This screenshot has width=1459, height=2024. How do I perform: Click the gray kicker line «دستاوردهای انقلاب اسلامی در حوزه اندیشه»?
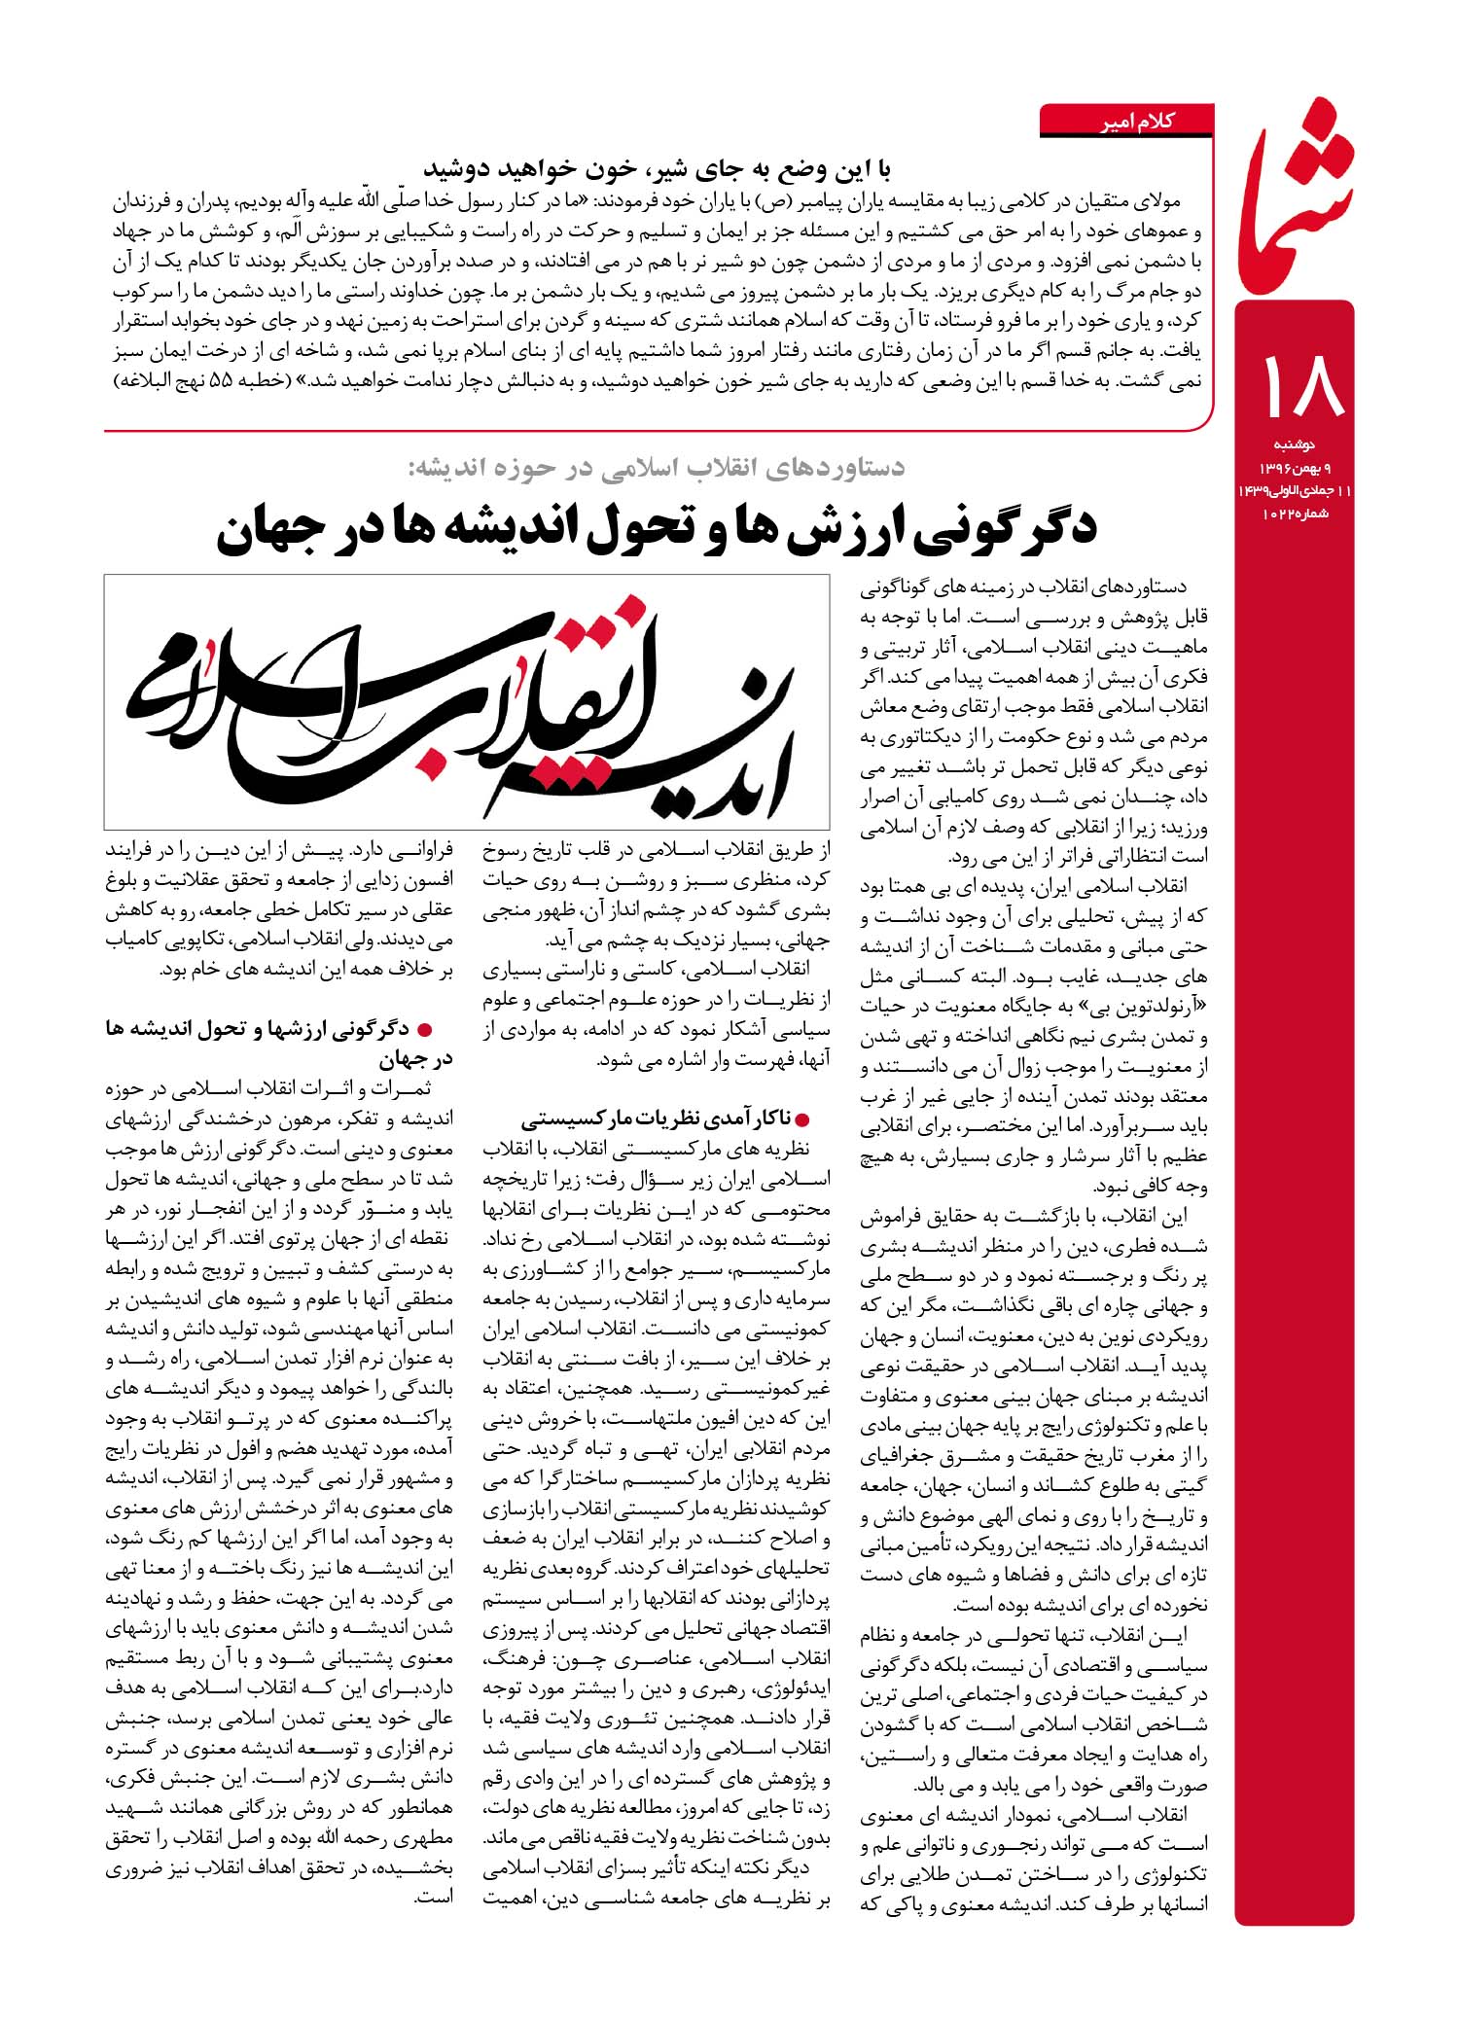pos(656,467)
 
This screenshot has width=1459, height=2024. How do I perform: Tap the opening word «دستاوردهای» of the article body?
pos(1158,589)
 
